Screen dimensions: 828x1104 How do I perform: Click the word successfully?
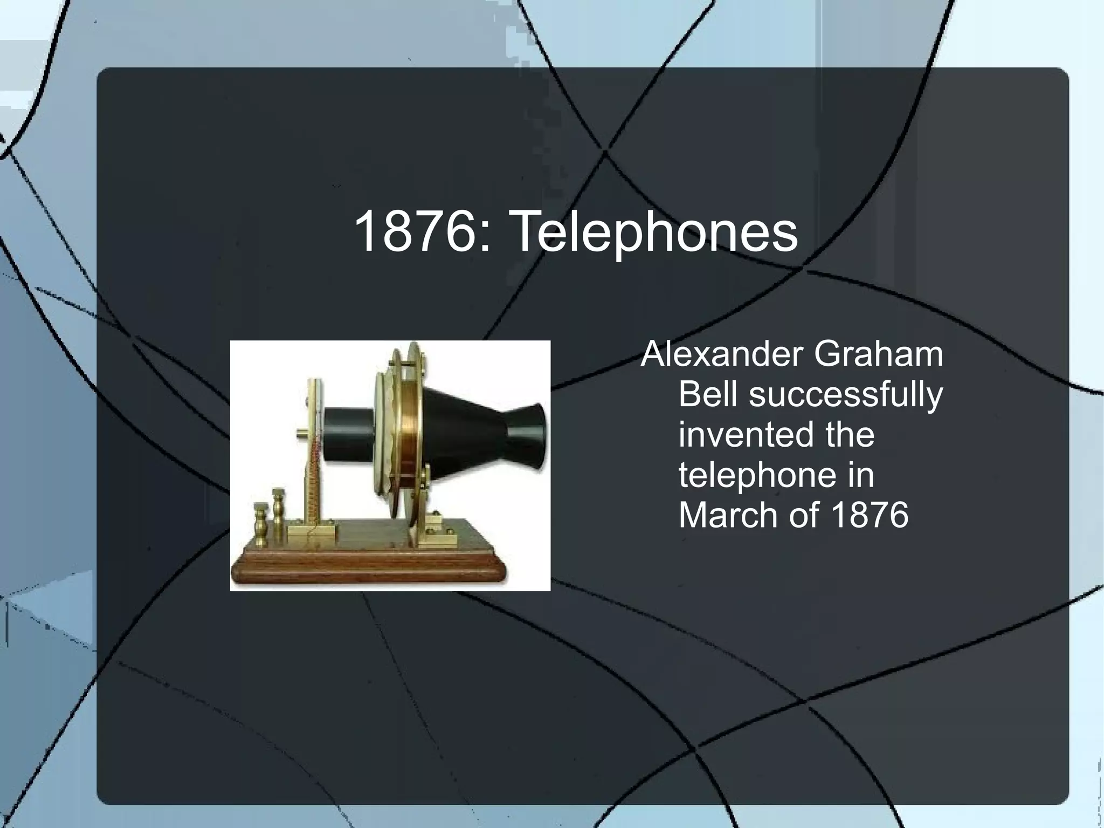tap(846, 395)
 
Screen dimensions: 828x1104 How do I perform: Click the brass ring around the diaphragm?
tap(412, 432)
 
